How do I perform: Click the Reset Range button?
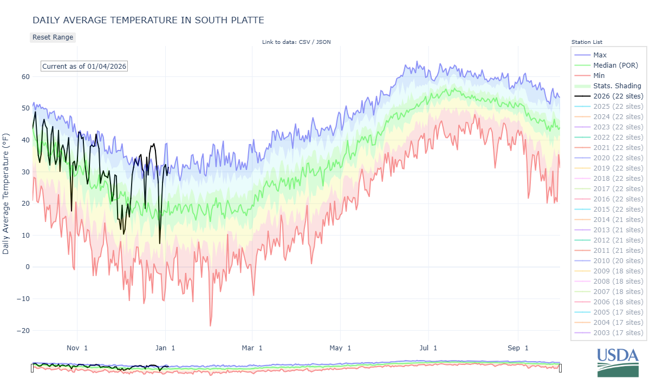coord(53,37)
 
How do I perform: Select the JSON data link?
coord(323,42)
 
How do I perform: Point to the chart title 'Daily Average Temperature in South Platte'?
coord(148,21)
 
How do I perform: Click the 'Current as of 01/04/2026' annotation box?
coord(84,66)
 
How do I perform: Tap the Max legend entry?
coord(600,55)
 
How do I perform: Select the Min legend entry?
coord(599,76)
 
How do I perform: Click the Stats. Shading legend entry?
coord(617,86)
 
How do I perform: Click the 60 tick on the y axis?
coord(24,76)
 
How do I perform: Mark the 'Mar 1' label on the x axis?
coord(252,348)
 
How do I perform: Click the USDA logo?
coord(618,361)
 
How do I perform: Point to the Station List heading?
coord(587,42)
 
